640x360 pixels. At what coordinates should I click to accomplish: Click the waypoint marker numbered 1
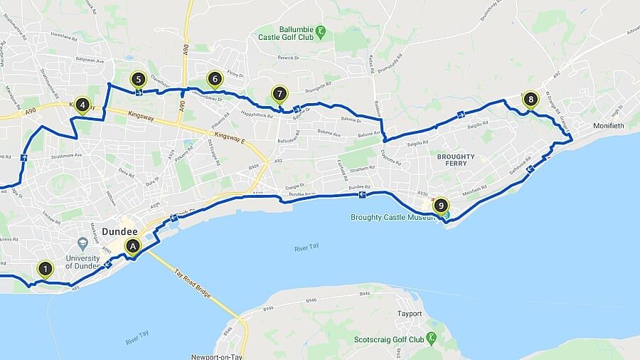click(x=46, y=269)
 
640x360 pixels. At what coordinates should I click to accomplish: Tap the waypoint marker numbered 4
click(x=82, y=106)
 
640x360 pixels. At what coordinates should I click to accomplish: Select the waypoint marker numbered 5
click(x=138, y=80)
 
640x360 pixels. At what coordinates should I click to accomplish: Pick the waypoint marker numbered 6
click(x=214, y=79)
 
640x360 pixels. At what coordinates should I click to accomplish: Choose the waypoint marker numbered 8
click(x=530, y=99)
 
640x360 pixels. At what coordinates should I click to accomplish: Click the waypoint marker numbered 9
click(x=442, y=206)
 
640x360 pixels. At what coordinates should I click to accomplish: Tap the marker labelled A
click(x=132, y=246)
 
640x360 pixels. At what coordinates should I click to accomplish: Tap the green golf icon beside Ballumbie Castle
click(x=321, y=31)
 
